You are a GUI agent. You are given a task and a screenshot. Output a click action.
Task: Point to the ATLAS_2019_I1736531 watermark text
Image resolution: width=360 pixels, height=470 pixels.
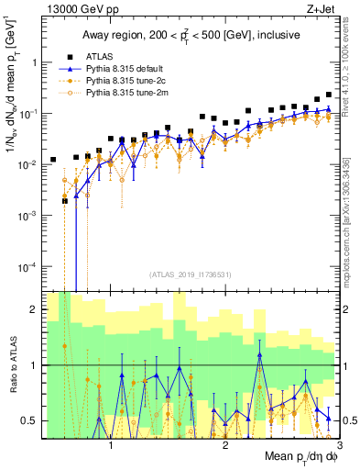coord(191,274)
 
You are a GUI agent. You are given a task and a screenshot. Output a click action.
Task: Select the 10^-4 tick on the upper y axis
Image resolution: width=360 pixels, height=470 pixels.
coord(27,266)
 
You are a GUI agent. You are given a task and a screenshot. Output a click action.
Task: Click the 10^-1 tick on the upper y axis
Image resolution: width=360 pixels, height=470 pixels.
coord(27,113)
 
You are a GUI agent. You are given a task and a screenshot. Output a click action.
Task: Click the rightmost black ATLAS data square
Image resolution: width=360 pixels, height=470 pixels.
coord(329,95)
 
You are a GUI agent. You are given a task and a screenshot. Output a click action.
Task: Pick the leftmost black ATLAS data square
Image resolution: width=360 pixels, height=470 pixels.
coord(53,160)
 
